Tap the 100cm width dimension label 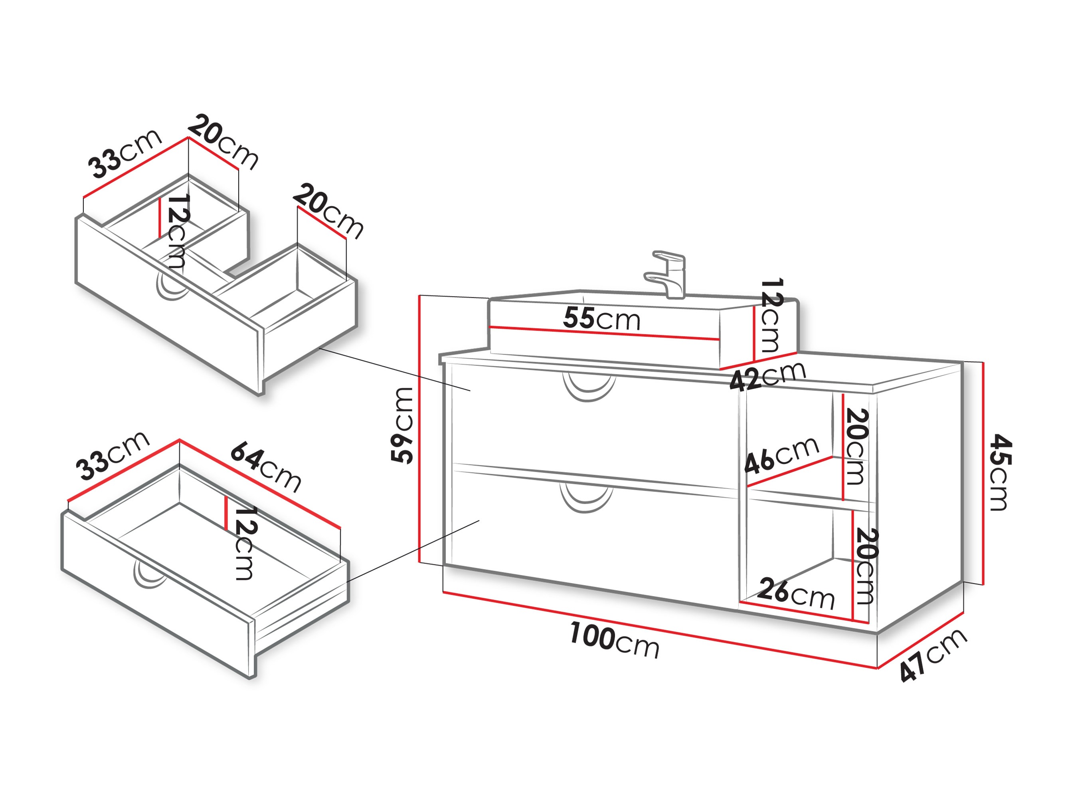(615, 640)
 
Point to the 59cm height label (402, 425)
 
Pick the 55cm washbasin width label (601, 319)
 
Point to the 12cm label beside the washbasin (771, 316)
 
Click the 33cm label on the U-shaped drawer (125, 154)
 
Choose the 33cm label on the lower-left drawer (112, 455)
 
